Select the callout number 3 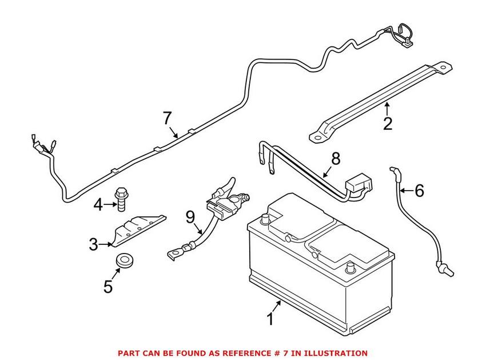coord(94,244)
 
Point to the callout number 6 coord(419,191)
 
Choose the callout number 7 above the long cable coord(166,118)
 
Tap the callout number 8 coord(335,159)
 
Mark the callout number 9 coord(190,217)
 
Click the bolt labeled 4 coord(122,196)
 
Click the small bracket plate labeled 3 coord(137,228)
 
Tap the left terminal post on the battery coord(264,219)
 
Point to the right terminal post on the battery coord(350,267)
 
